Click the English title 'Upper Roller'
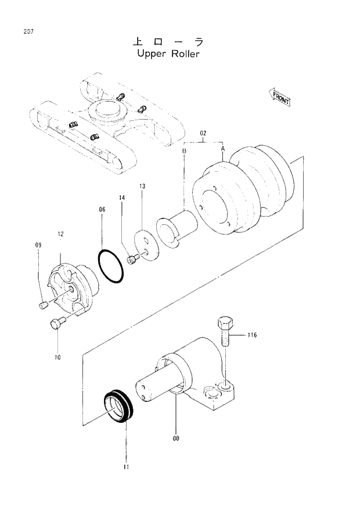click(168, 54)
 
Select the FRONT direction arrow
click(280, 97)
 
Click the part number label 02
click(203, 134)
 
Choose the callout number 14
click(122, 199)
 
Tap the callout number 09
click(38, 245)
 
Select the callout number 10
click(57, 357)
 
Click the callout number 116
click(251, 335)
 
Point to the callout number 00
click(175, 438)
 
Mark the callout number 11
click(126, 466)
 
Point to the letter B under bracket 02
click(184, 151)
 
